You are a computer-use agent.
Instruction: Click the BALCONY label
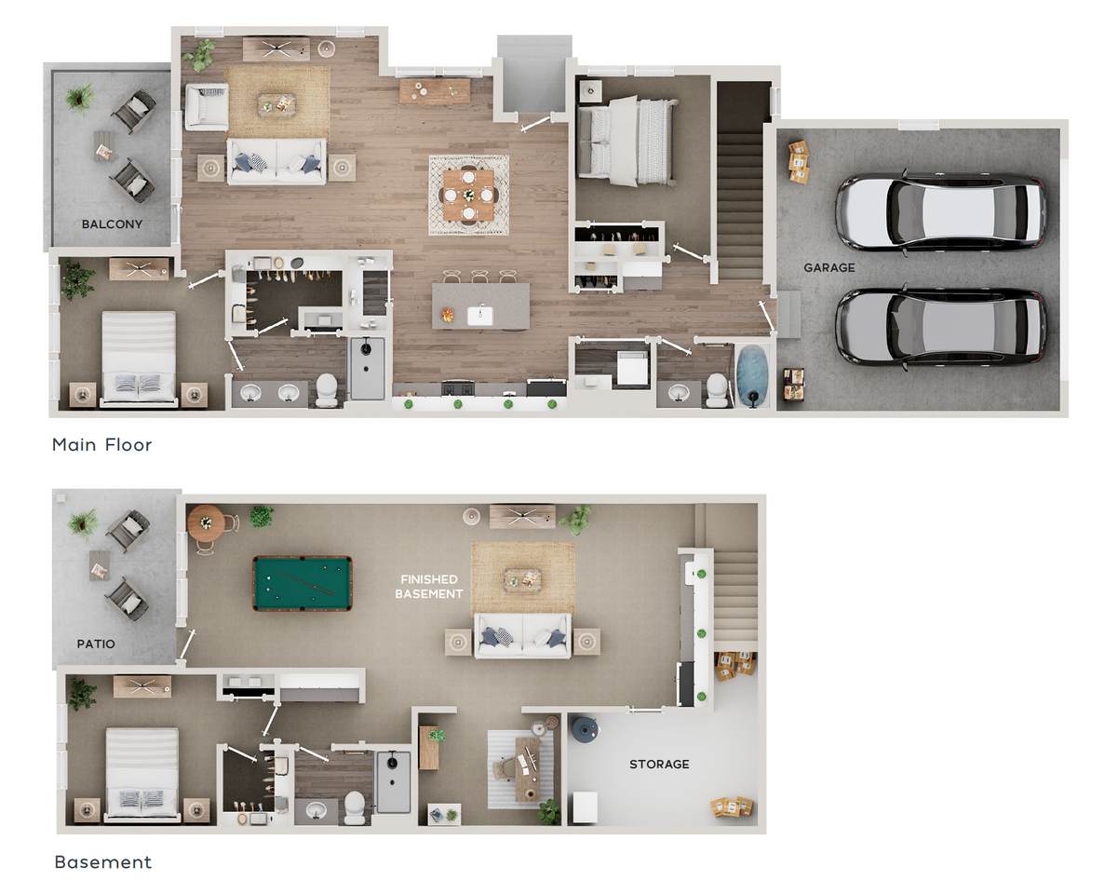click(x=112, y=224)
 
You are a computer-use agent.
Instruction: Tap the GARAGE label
click(x=829, y=267)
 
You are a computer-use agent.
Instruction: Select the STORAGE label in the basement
click(x=659, y=764)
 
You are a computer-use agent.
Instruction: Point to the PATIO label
click(x=96, y=643)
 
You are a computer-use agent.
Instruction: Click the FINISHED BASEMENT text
click(x=429, y=587)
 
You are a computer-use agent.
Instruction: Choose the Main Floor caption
click(x=101, y=444)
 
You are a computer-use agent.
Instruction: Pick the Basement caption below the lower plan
click(x=103, y=861)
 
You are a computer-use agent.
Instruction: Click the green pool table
click(x=303, y=583)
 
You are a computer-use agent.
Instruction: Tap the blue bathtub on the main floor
click(x=752, y=373)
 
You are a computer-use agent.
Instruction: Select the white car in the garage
click(x=940, y=212)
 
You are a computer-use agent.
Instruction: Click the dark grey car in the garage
click(x=940, y=327)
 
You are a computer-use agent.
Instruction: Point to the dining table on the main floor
click(x=468, y=196)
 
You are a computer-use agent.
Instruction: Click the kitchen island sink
click(x=480, y=316)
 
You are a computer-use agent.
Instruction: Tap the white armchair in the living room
click(x=207, y=106)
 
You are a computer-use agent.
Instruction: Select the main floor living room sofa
click(x=276, y=161)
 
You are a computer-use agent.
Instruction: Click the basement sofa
click(x=522, y=636)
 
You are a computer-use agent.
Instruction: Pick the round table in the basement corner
click(x=207, y=522)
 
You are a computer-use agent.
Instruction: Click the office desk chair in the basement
click(x=504, y=768)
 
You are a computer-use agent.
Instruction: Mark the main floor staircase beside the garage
click(x=740, y=182)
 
